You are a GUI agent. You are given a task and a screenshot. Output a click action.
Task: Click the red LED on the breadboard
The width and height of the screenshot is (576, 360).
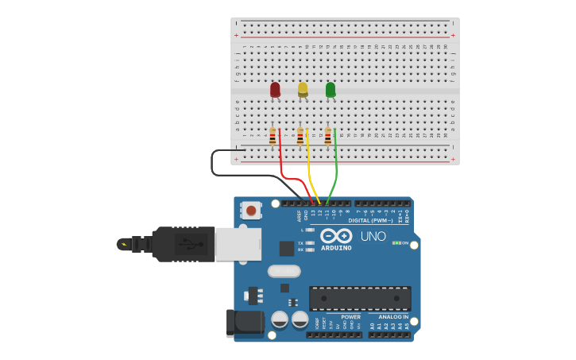pos(275,90)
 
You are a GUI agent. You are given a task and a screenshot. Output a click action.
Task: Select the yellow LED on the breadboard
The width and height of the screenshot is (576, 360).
pos(303,89)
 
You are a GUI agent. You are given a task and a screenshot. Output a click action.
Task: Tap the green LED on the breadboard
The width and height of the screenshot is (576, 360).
pos(331,90)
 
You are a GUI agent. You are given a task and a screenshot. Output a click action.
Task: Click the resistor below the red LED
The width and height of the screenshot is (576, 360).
pos(273,137)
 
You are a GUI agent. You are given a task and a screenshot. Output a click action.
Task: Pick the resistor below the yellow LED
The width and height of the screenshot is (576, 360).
pos(300,137)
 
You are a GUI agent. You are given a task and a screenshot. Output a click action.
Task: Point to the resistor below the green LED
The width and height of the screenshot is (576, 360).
pos(327,137)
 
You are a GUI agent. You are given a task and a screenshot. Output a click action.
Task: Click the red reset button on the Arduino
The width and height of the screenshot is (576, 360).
pos(251,211)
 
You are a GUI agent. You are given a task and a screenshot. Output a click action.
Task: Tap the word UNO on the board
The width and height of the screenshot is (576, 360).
pos(373,236)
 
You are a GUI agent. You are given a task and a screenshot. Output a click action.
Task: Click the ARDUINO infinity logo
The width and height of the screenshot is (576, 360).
pos(336,236)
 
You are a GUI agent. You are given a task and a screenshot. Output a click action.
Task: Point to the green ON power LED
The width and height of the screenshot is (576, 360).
pos(396,242)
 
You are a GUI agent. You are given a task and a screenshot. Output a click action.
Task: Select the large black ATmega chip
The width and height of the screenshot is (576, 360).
pos(360,298)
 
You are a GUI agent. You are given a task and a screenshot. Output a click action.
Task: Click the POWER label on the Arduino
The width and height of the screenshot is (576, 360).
pos(350,316)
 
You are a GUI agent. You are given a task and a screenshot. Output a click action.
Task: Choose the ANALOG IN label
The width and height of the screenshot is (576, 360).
pos(392,316)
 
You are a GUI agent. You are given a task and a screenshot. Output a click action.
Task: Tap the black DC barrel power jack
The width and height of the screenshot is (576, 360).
pos(245,323)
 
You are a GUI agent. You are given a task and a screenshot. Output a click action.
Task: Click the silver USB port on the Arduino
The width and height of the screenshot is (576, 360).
pos(238,245)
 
